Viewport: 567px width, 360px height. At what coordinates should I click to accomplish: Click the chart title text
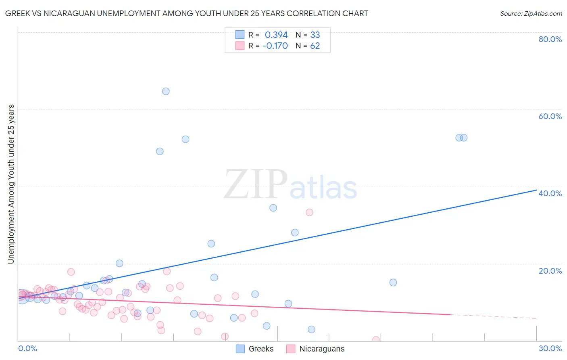(x=186, y=13)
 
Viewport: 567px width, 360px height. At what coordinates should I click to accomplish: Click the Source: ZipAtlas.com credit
(x=531, y=13)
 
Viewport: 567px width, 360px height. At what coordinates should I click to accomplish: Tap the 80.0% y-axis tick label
(x=550, y=39)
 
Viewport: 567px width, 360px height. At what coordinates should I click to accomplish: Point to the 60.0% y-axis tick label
(x=550, y=116)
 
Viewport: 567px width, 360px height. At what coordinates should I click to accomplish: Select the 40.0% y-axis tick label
(x=550, y=193)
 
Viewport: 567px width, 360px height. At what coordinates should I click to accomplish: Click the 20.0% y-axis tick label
(x=550, y=271)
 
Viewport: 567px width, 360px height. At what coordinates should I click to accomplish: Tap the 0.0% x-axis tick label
(x=27, y=348)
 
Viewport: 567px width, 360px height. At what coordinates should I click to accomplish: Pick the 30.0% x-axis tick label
(x=550, y=348)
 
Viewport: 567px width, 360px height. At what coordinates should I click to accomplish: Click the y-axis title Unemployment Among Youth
(x=11, y=184)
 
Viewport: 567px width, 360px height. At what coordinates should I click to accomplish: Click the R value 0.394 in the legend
(x=276, y=35)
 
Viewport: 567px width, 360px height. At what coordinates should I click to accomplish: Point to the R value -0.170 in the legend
(x=275, y=46)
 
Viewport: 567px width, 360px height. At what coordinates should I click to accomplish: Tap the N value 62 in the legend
(x=315, y=46)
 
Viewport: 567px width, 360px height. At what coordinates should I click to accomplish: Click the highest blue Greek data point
(x=166, y=91)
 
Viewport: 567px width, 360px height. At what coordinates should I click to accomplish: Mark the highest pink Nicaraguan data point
(x=309, y=212)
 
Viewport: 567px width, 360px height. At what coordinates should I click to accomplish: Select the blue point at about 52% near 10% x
(x=186, y=139)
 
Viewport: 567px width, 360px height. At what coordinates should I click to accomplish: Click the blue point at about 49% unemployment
(x=160, y=151)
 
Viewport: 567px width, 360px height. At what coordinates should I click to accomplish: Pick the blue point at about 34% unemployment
(x=273, y=208)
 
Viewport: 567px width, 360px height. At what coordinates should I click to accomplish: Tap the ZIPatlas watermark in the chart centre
(x=290, y=184)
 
